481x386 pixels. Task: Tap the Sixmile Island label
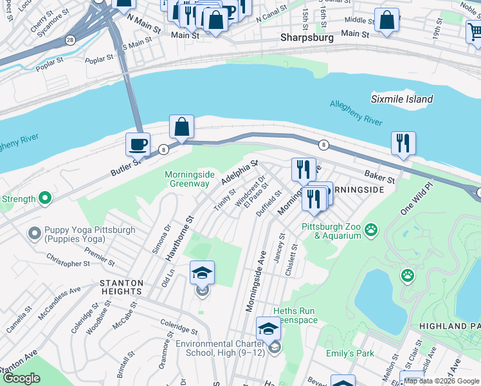[x=402, y=99]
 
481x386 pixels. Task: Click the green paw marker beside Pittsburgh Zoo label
[x=370, y=229]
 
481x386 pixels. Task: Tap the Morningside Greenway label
[x=187, y=179]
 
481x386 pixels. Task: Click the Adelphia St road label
[x=239, y=173]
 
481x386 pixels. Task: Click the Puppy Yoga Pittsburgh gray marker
[x=34, y=231]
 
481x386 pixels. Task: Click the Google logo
[x=21, y=378]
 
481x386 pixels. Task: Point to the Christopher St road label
[x=68, y=264]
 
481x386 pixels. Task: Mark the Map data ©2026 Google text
[x=440, y=381]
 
